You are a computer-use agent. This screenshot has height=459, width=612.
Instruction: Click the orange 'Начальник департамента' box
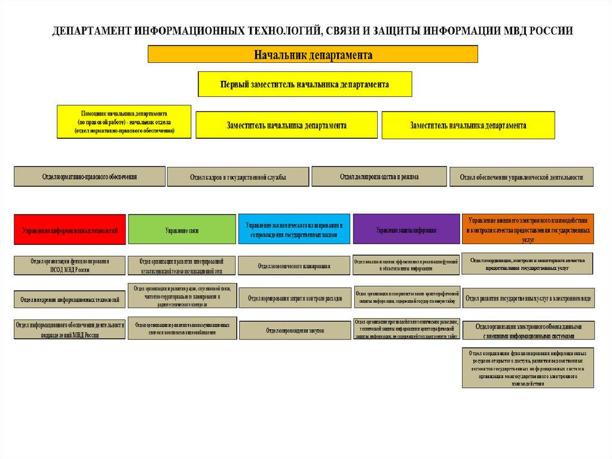(313, 54)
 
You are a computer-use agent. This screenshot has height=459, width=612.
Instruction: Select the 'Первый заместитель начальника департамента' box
(305, 84)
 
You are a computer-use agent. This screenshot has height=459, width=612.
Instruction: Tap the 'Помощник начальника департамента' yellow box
(124, 121)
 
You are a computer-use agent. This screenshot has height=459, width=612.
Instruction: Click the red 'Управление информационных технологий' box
(70, 229)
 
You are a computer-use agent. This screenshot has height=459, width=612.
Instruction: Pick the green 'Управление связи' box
(182, 229)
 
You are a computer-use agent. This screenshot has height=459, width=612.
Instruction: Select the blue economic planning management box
(294, 229)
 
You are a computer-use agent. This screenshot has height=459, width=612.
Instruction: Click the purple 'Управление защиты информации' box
(406, 229)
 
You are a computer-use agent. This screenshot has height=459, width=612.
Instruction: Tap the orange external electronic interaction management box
(528, 229)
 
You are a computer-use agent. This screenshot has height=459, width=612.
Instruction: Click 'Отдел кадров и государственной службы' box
(238, 177)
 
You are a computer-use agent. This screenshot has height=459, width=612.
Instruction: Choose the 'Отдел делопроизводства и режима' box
(379, 177)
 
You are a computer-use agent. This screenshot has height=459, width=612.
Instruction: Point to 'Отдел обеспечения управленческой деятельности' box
(521, 177)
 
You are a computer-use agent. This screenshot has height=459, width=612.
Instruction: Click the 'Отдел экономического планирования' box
(294, 266)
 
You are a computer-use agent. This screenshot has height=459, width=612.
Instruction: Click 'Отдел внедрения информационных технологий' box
(70, 299)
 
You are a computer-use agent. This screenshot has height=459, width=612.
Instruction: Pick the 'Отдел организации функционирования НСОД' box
(70, 265)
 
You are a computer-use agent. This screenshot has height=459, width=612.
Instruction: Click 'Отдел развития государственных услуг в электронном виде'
(528, 298)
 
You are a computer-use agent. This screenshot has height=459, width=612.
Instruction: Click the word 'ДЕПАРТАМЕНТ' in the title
(90, 31)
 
